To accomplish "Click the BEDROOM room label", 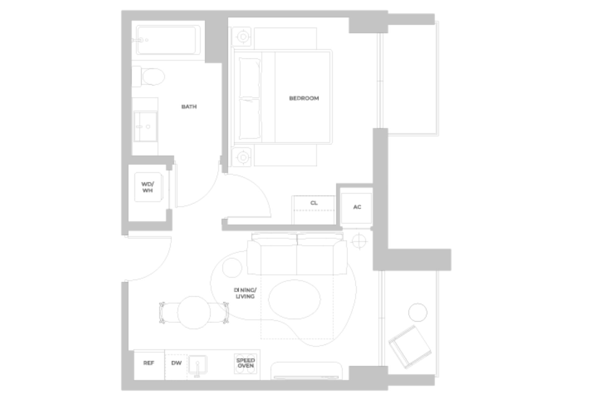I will tap(304, 98).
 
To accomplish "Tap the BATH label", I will tap(189, 107).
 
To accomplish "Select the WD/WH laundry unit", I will tap(148, 187).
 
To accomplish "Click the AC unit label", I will tap(357, 207).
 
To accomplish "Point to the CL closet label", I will tap(314, 203).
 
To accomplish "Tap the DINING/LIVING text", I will tap(245, 293).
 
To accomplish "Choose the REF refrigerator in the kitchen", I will tap(149, 363).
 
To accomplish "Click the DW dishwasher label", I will tap(176, 363).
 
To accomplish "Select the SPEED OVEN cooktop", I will tap(245, 363).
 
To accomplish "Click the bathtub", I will tap(168, 40).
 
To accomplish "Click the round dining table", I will tap(194, 313).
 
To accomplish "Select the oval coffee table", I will tap(294, 299).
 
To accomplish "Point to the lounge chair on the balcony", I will tap(410, 346).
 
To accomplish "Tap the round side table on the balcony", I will tap(418, 312).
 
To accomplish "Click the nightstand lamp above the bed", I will tap(243, 37).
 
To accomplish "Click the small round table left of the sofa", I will tap(232, 268).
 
